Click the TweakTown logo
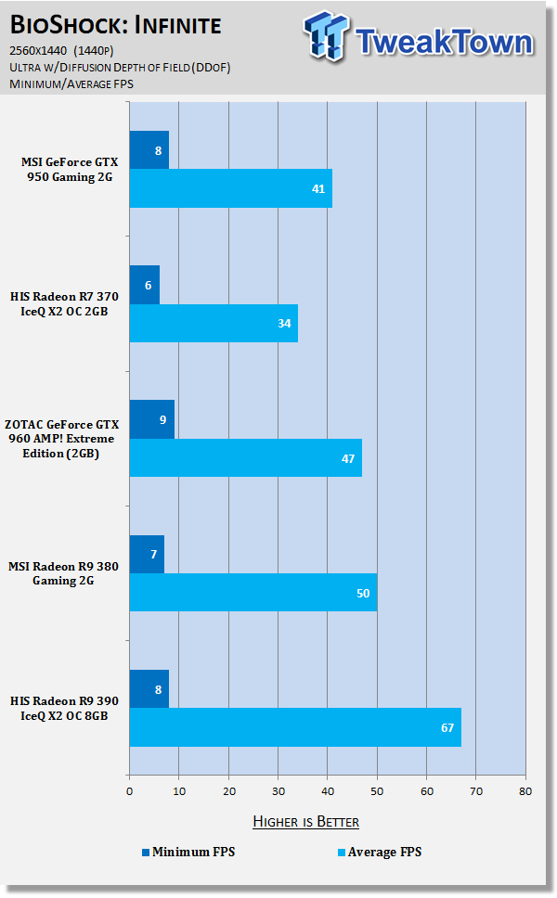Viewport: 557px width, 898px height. [419, 41]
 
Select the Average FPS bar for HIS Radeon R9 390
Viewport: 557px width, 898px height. [294, 727]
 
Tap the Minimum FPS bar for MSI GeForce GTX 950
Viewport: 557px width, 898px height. [149, 149]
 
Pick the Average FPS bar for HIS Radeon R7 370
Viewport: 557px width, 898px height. [213, 324]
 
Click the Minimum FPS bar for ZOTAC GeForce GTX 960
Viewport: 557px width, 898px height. [151, 419]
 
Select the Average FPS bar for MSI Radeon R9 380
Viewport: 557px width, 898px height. [253, 593]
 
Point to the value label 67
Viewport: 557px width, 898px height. [447, 727]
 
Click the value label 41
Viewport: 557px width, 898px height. [317, 189]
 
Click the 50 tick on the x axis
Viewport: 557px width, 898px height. [376, 790]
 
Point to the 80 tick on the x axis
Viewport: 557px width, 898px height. [525, 790]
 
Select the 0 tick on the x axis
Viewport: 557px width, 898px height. [129, 790]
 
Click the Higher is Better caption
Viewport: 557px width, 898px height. [305, 822]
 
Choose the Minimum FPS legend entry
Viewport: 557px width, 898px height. [188, 852]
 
